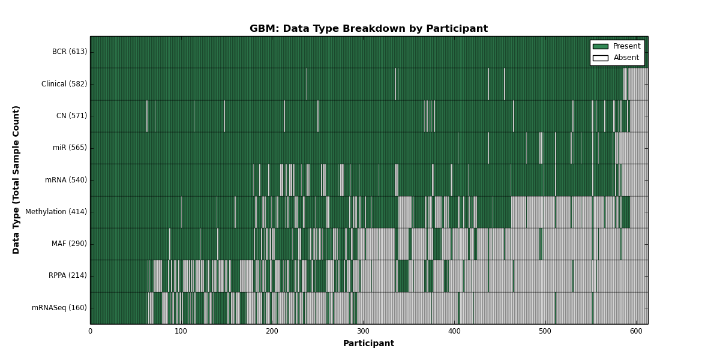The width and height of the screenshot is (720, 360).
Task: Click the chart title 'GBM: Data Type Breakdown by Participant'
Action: pyautogui.click(x=368, y=29)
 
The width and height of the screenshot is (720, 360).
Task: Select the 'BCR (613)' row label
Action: pyautogui.click(x=70, y=52)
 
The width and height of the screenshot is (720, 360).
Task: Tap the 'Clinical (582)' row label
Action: pyautogui.click(x=64, y=84)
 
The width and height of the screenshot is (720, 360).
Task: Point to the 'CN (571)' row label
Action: pyautogui.click(x=71, y=116)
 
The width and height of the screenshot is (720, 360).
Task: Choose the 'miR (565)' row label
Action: pyautogui.click(x=70, y=148)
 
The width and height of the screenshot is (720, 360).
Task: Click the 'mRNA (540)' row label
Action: pyautogui.click(x=66, y=179)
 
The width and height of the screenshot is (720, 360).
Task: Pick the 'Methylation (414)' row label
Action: pyautogui.click(x=56, y=211)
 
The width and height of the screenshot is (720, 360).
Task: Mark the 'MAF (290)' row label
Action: pyautogui.click(x=69, y=244)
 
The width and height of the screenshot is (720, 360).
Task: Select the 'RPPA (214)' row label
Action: pyautogui.click(x=67, y=275)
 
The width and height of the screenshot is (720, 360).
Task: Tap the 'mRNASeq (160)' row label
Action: pyautogui.click(x=59, y=308)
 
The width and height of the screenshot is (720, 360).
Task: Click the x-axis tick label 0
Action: pyautogui.click(x=91, y=331)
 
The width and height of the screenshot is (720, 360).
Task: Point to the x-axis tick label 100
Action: pyautogui.click(x=181, y=331)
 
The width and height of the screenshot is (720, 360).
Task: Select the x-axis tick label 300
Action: pyautogui.click(x=363, y=331)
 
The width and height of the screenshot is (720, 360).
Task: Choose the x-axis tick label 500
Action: pyautogui.click(x=545, y=331)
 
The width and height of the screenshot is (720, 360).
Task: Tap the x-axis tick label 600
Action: pyautogui.click(x=636, y=331)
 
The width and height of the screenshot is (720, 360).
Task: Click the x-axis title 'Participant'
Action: pyautogui.click(x=368, y=343)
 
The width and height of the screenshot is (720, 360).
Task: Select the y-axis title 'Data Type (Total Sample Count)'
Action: pyautogui.click(x=16, y=180)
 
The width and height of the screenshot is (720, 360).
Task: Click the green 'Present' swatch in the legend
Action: pyautogui.click(x=601, y=47)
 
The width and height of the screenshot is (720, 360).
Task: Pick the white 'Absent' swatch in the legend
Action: pyautogui.click(x=601, y=58)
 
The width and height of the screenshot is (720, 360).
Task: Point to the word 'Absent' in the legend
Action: pyautogui.click(x=626, y=58)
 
